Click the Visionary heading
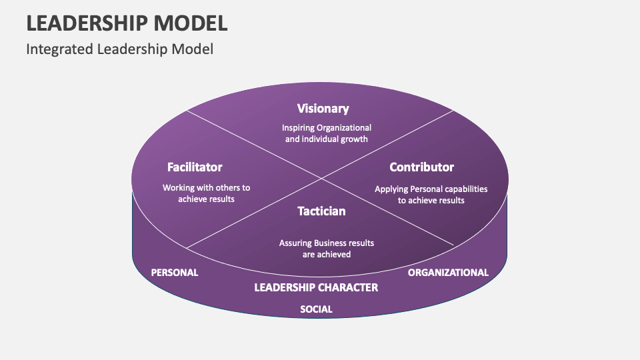[x=323, y=109]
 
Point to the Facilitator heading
[x=195, y=167]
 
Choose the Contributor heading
[x=421, y=167]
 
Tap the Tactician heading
[x=321, y=211]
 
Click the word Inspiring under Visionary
[x=297, y=127]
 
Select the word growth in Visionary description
[x=353, y=139]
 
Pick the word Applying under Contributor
[x=390, y=189]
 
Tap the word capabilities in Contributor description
[x=464, y=189]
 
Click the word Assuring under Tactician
[x=295, y=243]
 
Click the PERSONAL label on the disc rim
[x=175, y=273]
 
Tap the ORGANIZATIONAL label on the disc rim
[x=448, y=273]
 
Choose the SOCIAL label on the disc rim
[x=316, y=309]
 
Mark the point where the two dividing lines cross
[x=321, y=179]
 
